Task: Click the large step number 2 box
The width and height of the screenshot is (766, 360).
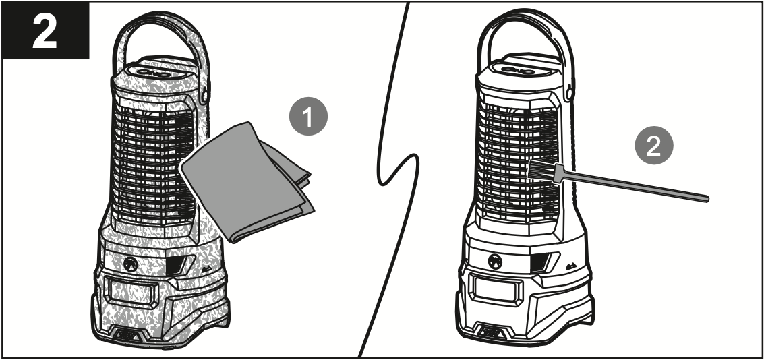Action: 45,30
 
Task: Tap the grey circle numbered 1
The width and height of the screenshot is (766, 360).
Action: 308,118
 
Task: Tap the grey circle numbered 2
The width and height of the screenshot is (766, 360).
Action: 652,148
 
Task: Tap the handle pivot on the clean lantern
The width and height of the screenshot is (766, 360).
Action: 572,87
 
